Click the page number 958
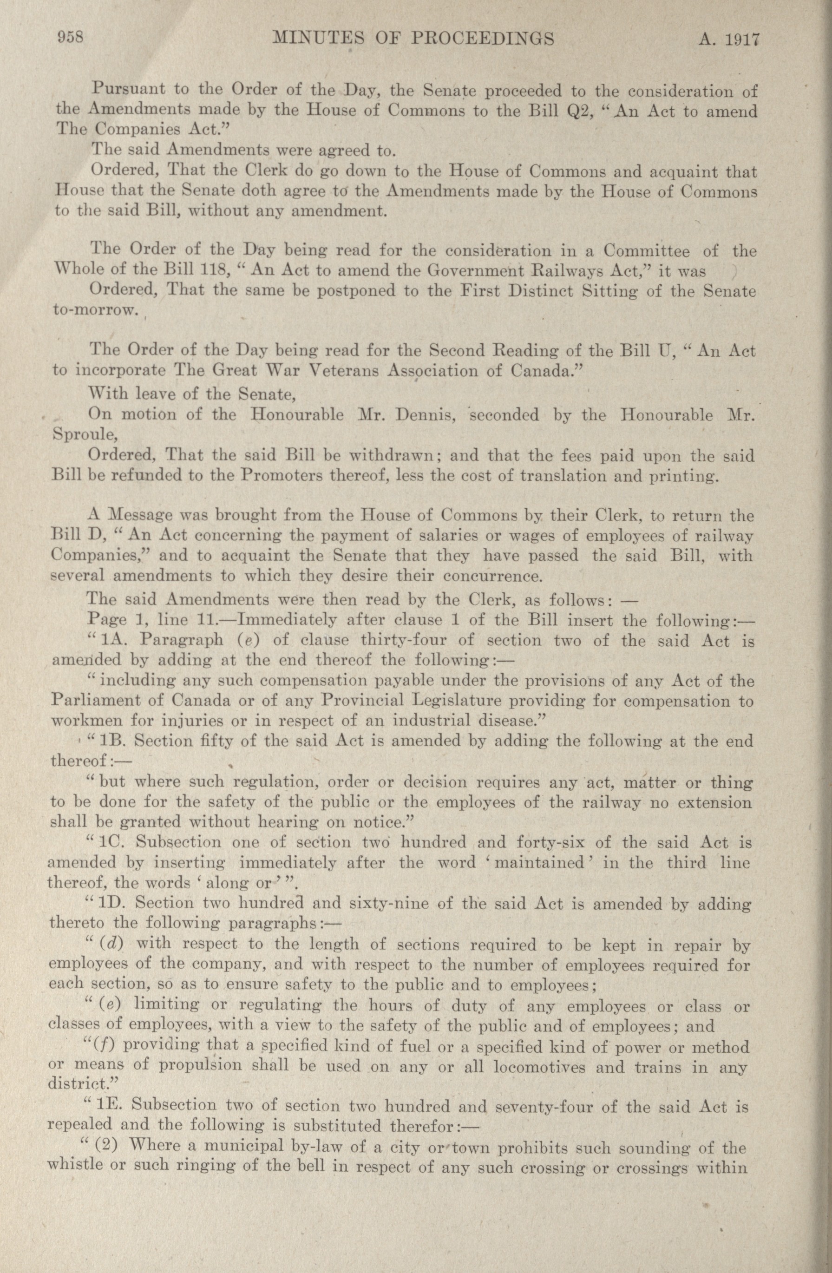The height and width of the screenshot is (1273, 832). tap(70, 38)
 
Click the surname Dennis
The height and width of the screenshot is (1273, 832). tap(425, 415)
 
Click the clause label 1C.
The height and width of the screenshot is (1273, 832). tap(112, 842)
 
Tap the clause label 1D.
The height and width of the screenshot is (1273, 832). tap(112, 903)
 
